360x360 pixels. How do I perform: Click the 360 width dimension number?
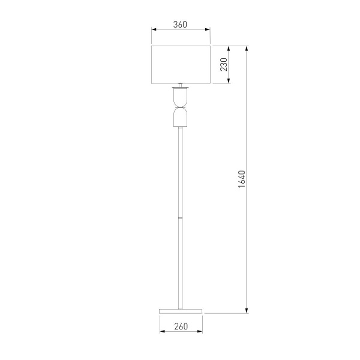[x=181, y=25]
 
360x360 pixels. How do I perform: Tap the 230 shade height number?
[x=223, y=64]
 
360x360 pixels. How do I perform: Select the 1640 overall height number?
[x=242, y=179]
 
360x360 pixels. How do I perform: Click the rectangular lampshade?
[x=181, y=64]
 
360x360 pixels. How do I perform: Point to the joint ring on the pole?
[x=181, y=217]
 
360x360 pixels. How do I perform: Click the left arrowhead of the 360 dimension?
[x=153, y=29]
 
